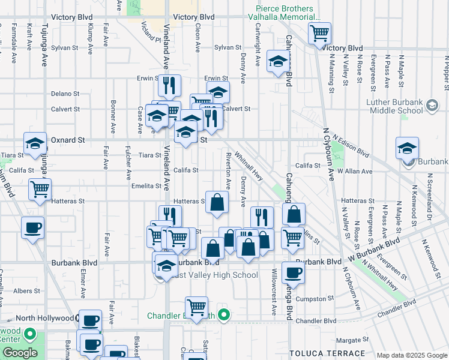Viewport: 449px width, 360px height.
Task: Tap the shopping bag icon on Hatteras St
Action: click(x=217, y=202)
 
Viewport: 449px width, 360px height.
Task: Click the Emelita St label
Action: click(x=147, y=186)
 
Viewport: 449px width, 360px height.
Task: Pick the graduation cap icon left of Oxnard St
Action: click(x=35, y=143)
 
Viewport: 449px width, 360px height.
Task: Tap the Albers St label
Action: click(x=26, y=291)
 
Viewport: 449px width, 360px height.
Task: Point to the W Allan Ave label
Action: click(x=355, y=172)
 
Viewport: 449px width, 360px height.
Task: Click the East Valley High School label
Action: click(x=214, y=275)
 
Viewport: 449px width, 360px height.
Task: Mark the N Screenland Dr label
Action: click(x=430, y=199)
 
